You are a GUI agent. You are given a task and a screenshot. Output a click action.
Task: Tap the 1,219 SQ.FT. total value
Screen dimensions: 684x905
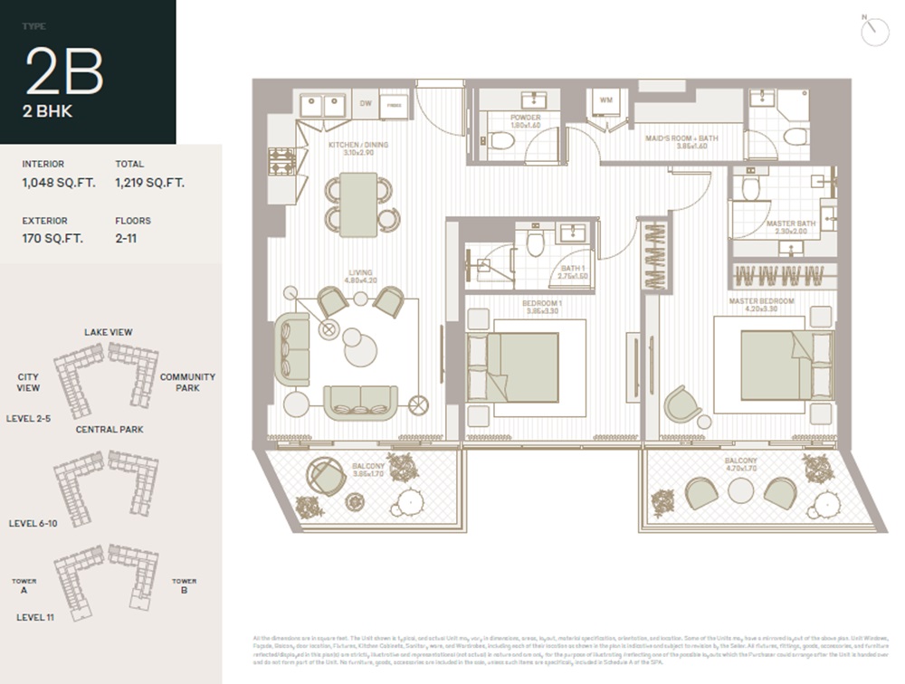pyautogui.click(x=149, y=182)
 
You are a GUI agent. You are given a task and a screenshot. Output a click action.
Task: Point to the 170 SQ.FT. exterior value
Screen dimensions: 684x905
pyautogui.click(x=52, y=239)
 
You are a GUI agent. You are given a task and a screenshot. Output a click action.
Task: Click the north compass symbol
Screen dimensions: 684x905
pyautogui.click(x=875, y=32)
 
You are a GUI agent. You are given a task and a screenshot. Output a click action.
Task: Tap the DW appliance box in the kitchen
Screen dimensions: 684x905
pyautogui.click(x=365, y=104)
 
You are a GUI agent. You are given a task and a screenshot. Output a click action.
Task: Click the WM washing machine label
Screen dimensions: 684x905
pyautogui.click(x=605, y=100)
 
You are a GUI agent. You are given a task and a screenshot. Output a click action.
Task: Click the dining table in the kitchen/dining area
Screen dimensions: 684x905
pyautogui.click(x=359, y=204)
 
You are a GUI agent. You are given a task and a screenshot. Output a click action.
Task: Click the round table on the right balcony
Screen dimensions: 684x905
pyautogui.click(x=741, y=490)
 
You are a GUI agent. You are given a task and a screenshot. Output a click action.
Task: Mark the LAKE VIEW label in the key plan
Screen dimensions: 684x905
pyautogui.click(x=108, y=332)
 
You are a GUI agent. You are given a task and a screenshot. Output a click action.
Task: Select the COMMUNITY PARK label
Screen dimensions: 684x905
pyautogui.click(x=187, y=382)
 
